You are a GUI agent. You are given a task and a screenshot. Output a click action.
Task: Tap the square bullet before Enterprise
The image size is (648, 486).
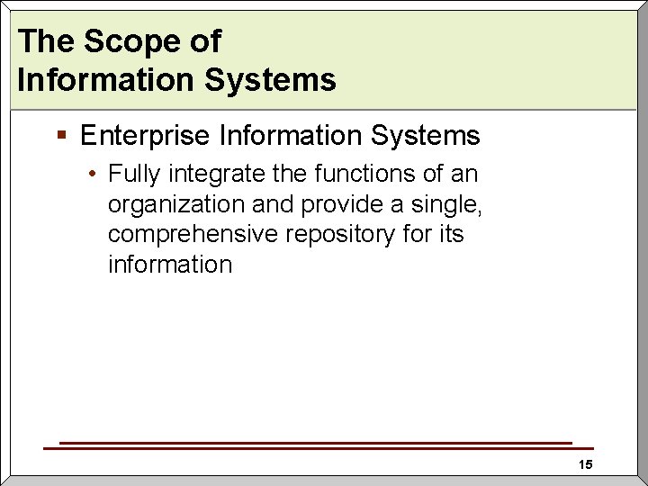pos(61,136)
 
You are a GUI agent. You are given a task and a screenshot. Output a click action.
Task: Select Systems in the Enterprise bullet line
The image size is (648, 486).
pos(425,136)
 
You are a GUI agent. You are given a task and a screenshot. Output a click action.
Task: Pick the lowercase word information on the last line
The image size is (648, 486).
pos(170,265)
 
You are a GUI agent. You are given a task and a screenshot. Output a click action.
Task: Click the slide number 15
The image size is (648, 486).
pos(585,464)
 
